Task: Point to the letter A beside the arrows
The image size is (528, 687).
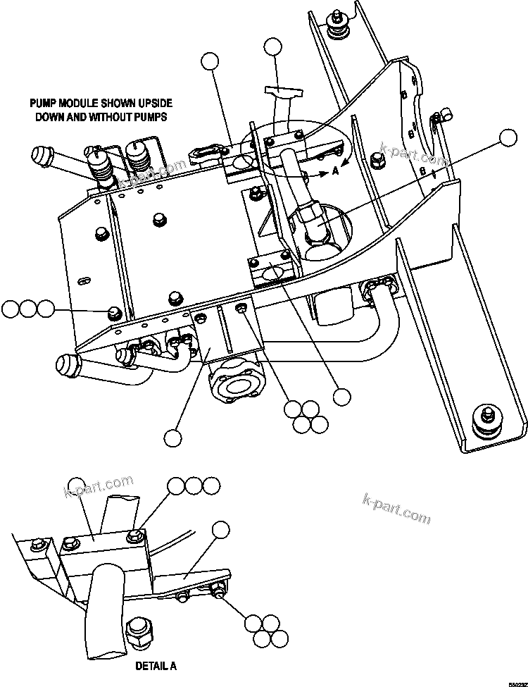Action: pos(335,169)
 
